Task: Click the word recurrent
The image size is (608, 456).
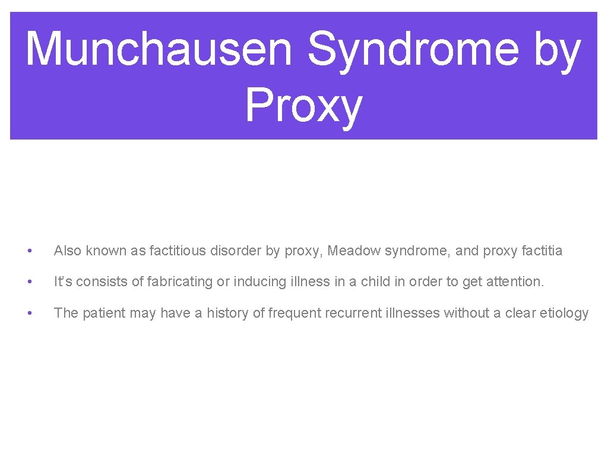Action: tap(349, 313)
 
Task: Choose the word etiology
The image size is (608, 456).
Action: tap(565, 313)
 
